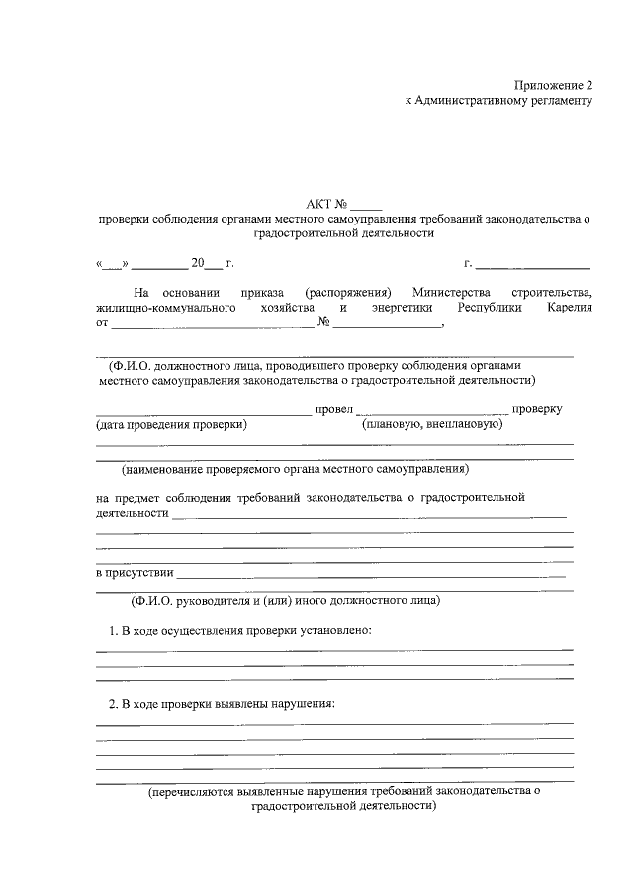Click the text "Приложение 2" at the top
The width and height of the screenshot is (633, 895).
pyautogui.click(x=553, y=86)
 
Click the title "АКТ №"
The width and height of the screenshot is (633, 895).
pyautogui.click(x=326, y=202)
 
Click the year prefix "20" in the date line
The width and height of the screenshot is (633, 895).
pyautogui.click(x=197, y=263)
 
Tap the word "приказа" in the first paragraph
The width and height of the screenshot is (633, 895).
pyautogui.click(x=261, y=293)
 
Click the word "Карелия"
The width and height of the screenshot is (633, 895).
pyautogui.click(x=569, y=308)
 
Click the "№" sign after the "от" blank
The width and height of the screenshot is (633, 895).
pyautogui.click(x=323, y=322)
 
